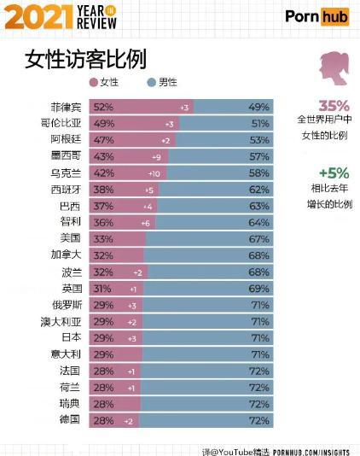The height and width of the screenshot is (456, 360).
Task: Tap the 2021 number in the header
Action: point(38,16)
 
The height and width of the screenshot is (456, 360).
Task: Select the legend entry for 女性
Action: point(104,83)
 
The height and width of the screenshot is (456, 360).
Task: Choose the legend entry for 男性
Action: point(162,83)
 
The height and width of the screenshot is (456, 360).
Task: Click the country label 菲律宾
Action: point(67,108)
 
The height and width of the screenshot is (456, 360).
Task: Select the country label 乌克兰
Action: point(67,172)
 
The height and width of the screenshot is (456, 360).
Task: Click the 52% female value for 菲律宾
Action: point(104,108)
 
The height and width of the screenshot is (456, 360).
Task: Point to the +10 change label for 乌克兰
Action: point(154,172)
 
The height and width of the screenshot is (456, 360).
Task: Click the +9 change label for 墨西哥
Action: point(155,156)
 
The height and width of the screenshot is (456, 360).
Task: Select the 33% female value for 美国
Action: point(104,238)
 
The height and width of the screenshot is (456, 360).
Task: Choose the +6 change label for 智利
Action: point(147,222)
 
